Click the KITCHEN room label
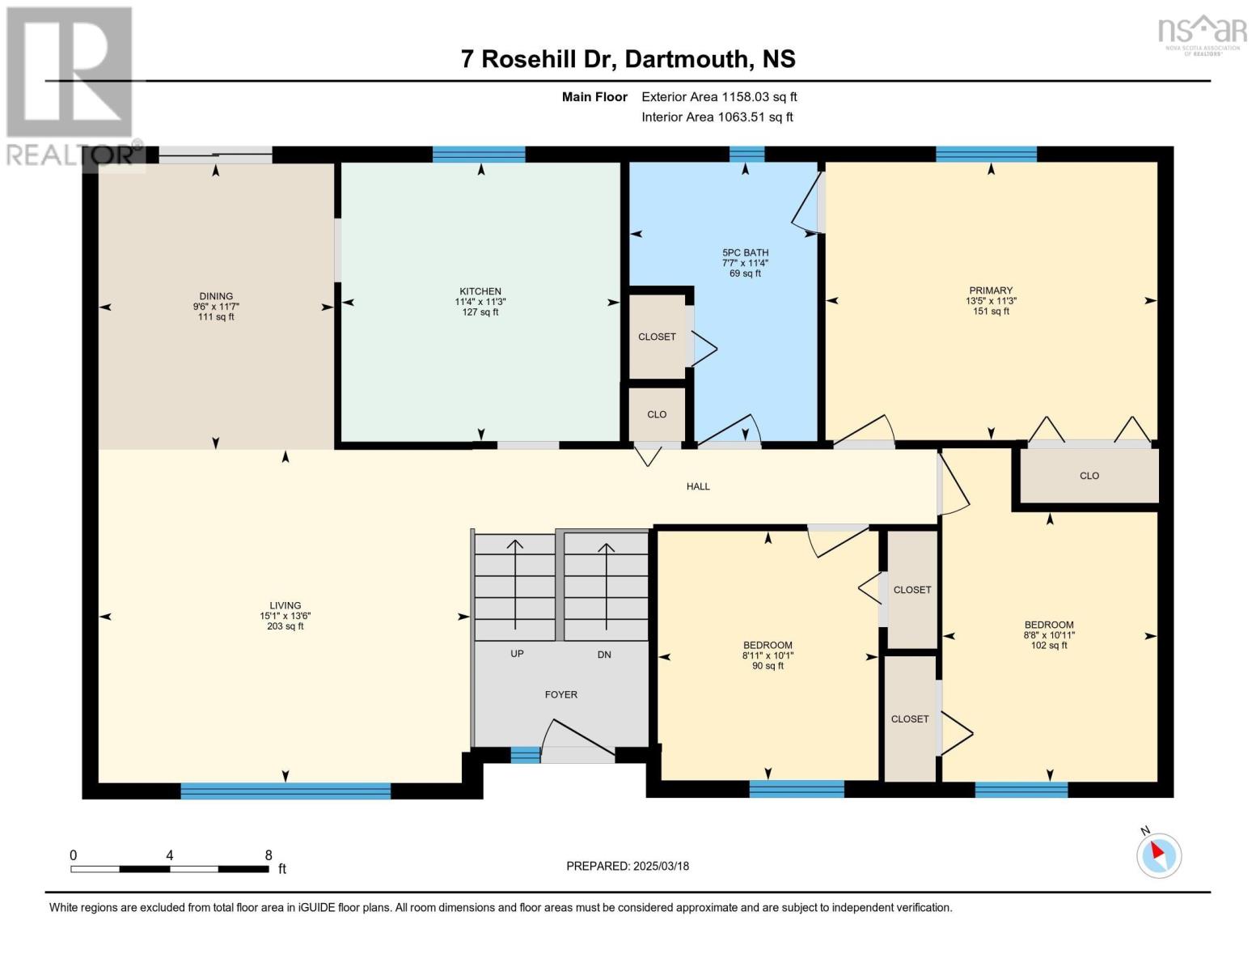(480, 291)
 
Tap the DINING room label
(216, 296)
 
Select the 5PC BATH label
(745, 252)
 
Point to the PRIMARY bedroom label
(991, 290)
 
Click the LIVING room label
(285, 605)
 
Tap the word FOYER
(560, 694)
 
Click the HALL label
(698, 486)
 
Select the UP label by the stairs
(517, 654)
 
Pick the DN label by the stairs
(604, 655)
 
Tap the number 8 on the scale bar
(269, 855)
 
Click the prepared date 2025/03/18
(661, 866)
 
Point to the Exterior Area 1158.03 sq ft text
(719, 96)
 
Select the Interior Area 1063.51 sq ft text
(717, 117)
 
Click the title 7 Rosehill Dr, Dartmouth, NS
(628, 59)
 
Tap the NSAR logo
(1202, 32)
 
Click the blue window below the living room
(285, 791)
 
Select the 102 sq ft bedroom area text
(1049, 645)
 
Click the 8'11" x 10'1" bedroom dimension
(768, 655)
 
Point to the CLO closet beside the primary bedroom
(1089, 476)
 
